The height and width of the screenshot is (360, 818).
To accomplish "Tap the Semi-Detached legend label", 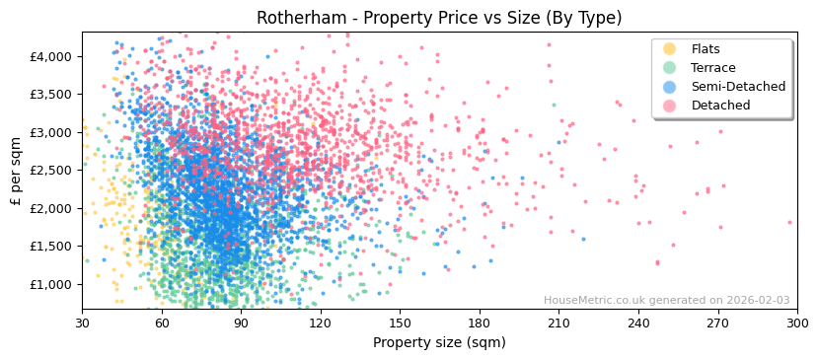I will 738,87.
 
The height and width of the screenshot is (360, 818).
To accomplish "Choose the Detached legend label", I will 721,106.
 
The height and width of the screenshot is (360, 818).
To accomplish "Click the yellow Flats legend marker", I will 670,49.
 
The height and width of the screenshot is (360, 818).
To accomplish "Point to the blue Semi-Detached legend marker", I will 670,87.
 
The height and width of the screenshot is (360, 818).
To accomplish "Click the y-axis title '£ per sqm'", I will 16,171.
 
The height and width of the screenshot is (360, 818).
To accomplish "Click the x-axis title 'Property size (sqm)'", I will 439,342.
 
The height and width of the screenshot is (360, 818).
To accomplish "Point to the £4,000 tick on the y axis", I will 51,56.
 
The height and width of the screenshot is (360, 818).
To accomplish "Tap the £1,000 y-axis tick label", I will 51,284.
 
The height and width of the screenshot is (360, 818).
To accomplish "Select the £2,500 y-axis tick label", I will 51,171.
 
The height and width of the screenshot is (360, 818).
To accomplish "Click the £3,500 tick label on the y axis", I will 51,95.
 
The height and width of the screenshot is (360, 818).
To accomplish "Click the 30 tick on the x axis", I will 82,322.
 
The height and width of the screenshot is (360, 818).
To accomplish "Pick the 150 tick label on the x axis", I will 400,322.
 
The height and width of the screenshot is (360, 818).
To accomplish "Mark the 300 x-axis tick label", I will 796,322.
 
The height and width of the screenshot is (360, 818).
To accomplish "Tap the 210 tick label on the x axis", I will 558,322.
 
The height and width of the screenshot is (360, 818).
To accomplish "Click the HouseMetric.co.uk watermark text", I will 666,301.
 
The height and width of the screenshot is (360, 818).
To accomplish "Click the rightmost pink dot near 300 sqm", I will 789,222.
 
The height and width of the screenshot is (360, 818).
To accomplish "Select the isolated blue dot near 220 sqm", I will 583,239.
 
